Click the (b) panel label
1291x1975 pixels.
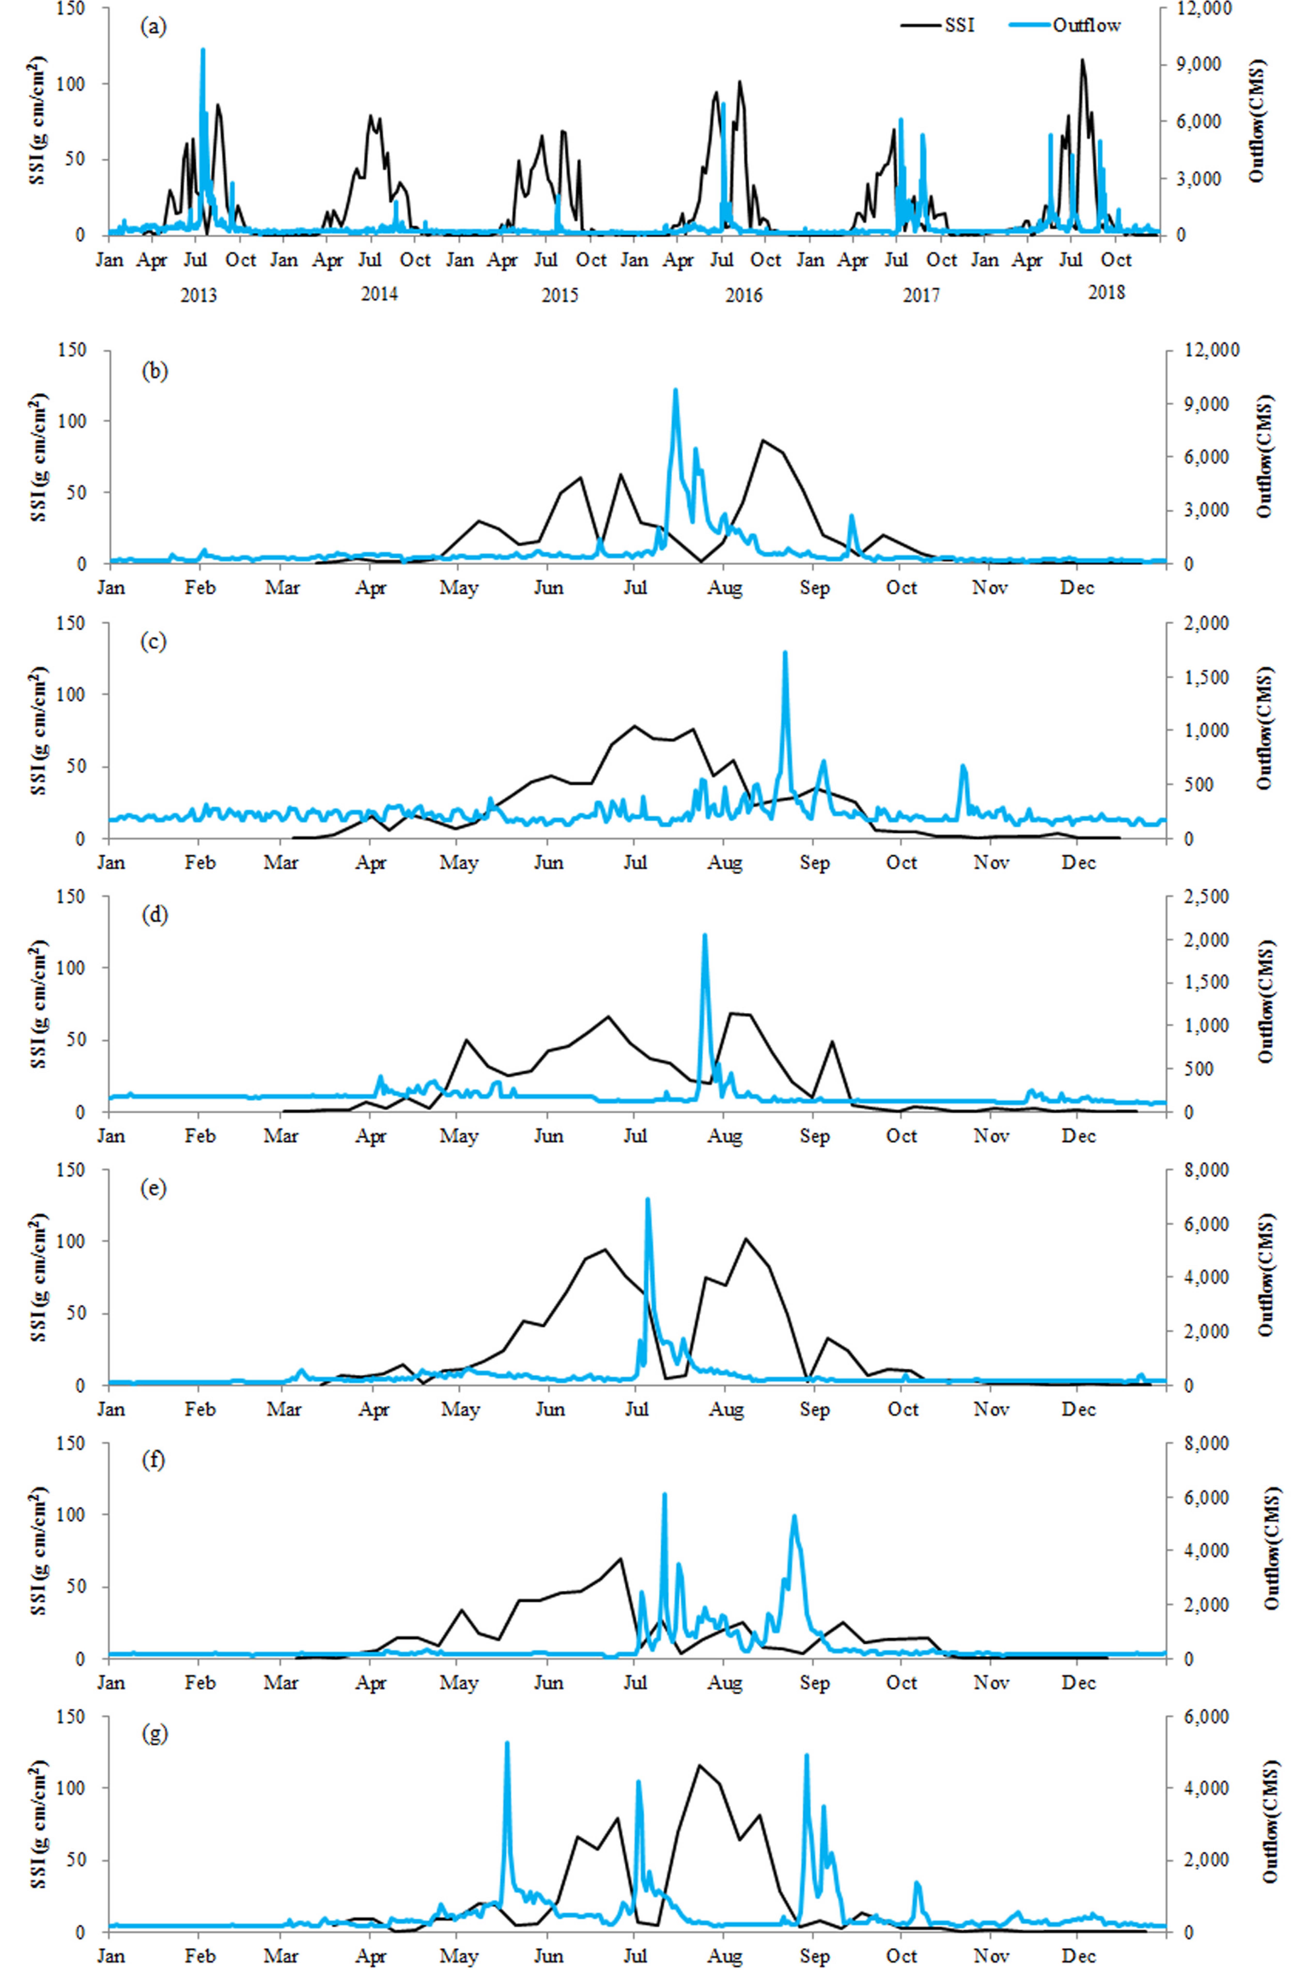[155, 371]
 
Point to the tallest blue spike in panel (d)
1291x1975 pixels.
[704, 935]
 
